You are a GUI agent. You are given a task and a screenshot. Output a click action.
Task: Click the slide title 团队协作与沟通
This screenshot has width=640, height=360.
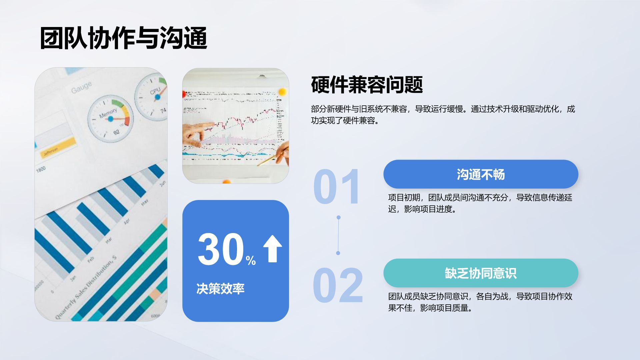tap(124, 38)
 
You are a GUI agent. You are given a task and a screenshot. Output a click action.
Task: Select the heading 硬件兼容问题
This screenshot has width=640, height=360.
tap(367, 85)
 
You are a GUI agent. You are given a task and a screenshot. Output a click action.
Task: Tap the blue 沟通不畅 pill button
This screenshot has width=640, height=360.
tap(480, 174)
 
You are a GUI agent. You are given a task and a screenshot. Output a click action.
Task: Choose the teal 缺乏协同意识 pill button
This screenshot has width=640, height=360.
tap(480, 273)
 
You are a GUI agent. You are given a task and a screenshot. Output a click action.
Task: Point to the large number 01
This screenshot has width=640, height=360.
tap(336, 187)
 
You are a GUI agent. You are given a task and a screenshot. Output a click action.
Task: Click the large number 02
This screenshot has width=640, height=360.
tap(338, 285)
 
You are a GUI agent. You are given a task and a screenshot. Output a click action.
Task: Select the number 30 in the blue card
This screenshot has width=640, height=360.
tap(221, 249)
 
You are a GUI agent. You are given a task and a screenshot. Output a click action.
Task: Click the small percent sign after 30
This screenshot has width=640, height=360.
tap(251, 260)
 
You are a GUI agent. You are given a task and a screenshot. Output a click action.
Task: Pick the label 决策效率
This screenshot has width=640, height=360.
tap(220, 289)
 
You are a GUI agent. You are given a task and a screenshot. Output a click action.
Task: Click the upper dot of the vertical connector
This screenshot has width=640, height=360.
tap(339, 217)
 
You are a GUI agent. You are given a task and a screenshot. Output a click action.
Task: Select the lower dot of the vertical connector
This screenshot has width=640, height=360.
tap(338, 253)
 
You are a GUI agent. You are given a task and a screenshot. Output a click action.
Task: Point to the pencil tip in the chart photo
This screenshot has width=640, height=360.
tap(258, 165)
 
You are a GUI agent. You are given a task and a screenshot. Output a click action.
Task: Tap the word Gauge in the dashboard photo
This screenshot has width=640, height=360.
tap(81, 87)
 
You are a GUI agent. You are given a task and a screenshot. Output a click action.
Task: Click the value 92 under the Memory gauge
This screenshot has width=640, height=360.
tap(116, 132)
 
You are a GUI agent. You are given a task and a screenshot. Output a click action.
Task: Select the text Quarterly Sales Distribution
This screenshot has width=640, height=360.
tap(86, 287)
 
